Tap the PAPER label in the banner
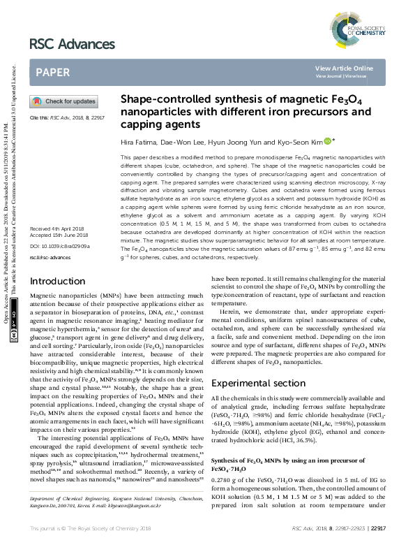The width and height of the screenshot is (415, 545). [53, 72]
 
